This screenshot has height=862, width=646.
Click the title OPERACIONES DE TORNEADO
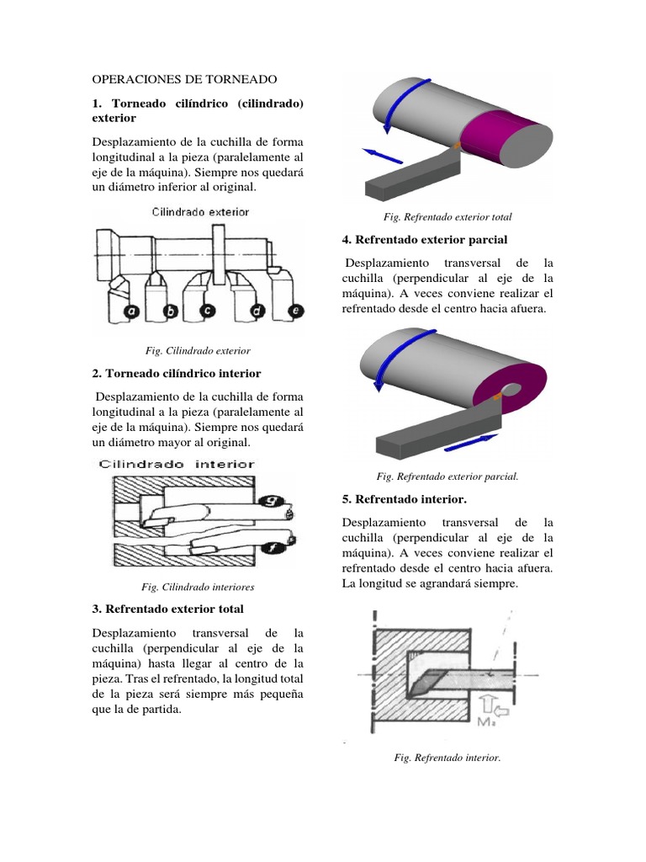(184, 79)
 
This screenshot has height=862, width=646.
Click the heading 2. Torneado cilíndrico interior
(177, 373)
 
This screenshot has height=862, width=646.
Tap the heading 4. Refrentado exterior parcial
(425, 240)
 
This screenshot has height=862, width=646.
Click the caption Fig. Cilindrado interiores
(198, 587)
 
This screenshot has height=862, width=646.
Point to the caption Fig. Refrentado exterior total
(447, 217)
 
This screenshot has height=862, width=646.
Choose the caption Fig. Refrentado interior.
(447, 758)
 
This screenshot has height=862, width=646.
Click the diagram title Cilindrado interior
(177, 464)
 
